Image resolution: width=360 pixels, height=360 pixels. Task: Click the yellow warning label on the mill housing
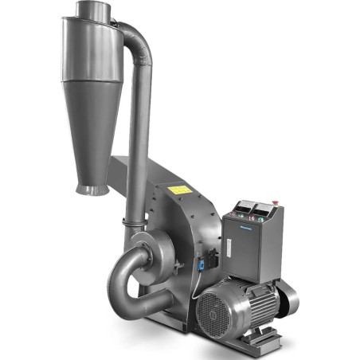[181, 190]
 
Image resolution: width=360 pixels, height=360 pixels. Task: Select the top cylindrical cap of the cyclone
[89, 12]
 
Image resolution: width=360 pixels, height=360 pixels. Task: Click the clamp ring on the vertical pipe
[134, 218]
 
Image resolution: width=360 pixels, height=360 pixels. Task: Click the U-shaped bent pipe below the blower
[127, 287]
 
